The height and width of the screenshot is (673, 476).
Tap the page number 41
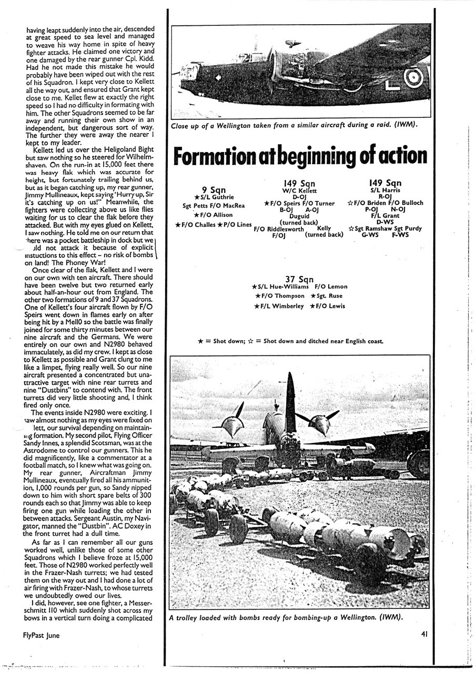point(424,635)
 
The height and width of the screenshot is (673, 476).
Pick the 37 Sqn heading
point(300,279)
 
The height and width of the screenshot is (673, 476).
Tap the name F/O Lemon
point(331,287)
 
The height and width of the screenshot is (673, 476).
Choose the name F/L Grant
point(385,216)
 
